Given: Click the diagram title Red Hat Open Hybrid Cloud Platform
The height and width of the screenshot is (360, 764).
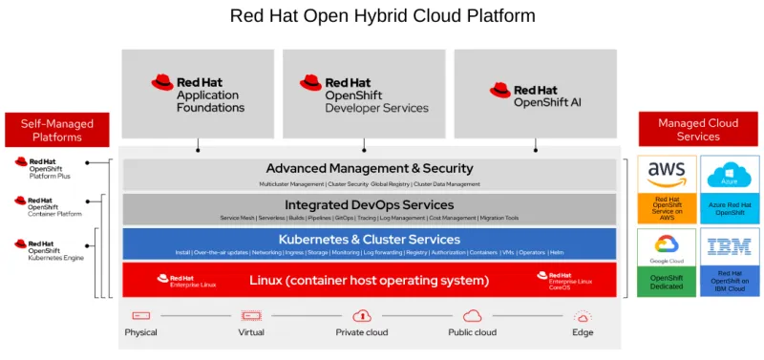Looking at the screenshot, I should pos(382,16).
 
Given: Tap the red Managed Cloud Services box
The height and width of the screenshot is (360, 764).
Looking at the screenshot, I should pos(697,129).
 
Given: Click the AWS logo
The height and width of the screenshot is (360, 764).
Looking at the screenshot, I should pos(667,174).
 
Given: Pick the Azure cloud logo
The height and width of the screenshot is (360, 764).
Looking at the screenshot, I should pos(730,174).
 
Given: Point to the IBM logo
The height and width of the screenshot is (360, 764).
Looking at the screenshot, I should pos(730,247).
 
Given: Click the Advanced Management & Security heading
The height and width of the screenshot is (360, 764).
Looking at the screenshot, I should pos(369,169).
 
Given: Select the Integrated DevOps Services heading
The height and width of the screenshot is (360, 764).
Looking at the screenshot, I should pos(369,204).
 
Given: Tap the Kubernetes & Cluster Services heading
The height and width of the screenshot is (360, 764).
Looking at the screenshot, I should pos(369,239).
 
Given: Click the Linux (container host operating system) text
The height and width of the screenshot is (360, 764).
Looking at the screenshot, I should pos(369,281).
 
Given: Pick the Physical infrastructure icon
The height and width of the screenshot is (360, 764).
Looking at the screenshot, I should pos(141,314).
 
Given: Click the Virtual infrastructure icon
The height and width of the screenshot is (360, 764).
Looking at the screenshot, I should pos(251,314).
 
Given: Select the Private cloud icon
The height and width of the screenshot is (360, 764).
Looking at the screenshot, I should pos(362,314).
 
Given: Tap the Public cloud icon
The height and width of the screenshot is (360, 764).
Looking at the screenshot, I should pos(472,314).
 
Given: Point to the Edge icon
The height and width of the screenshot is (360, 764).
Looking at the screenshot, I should pos(583,314).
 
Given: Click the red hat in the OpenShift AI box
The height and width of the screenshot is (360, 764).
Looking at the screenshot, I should pos(499,91).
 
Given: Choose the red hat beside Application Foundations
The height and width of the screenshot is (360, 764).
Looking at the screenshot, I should pos(162,82).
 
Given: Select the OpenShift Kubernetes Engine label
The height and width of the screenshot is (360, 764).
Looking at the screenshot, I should pos(54,251).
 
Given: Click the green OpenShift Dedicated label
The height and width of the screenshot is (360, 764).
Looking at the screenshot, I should pos(667,283).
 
